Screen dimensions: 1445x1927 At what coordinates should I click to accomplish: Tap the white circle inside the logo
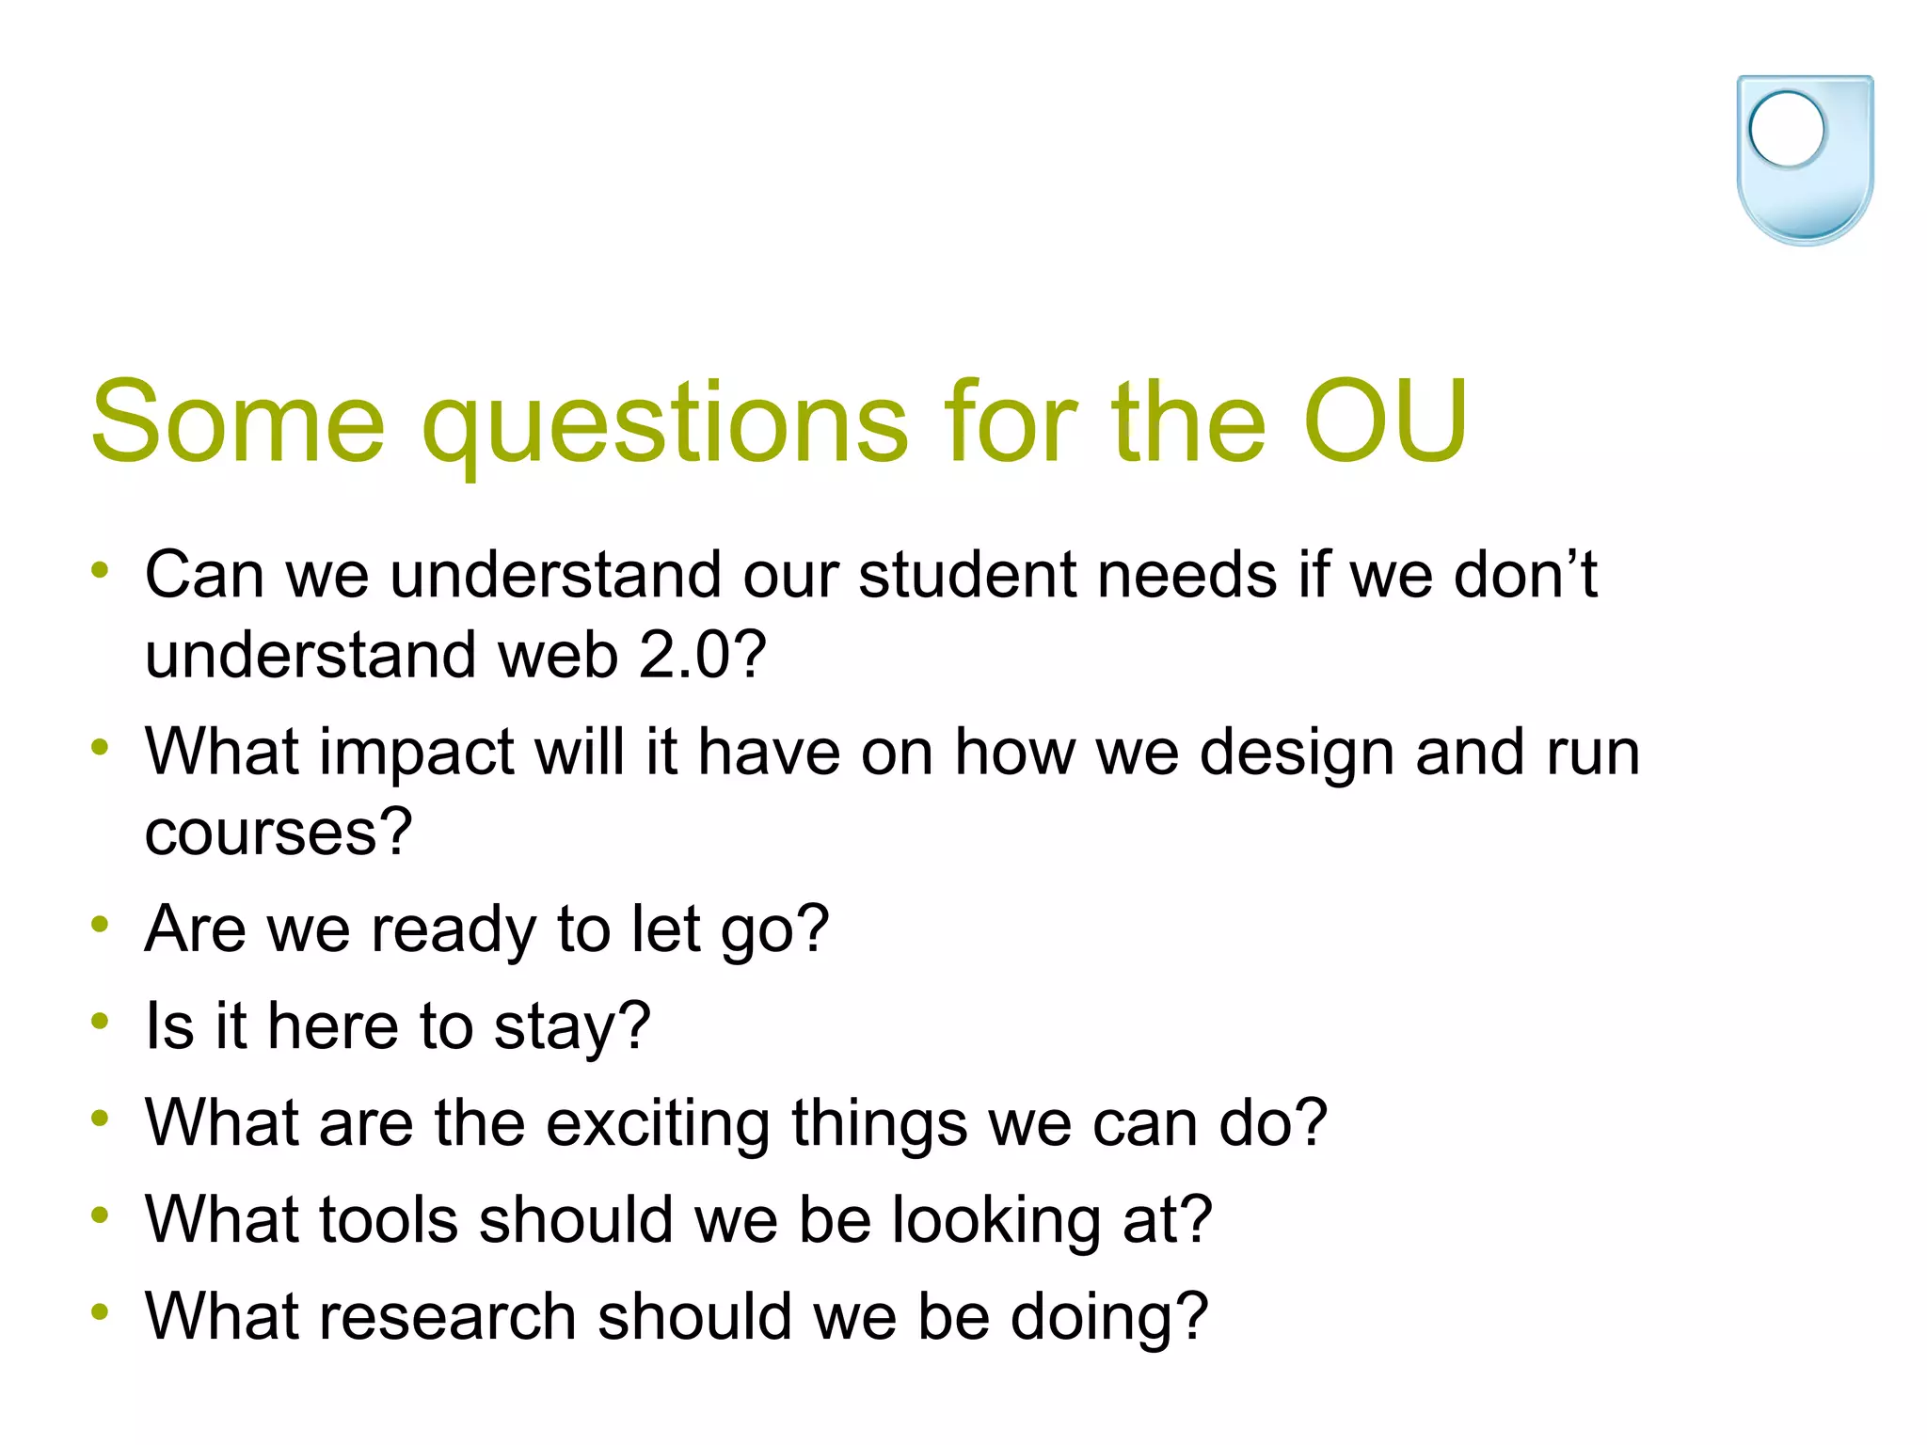(x=1786, y=130)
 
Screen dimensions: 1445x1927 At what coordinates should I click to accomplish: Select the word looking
(x=995, y=1220)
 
